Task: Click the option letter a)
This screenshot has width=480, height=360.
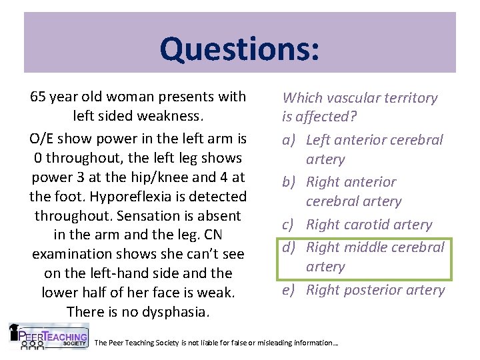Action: (291, 140)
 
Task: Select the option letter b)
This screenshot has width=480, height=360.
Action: (291, 182)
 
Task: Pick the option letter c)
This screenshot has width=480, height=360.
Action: (291, 225)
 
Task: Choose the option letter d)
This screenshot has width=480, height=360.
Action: (291, 247)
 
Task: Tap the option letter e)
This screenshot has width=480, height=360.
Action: (291, 290)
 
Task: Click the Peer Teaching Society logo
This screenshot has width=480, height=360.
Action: (49, 337)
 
